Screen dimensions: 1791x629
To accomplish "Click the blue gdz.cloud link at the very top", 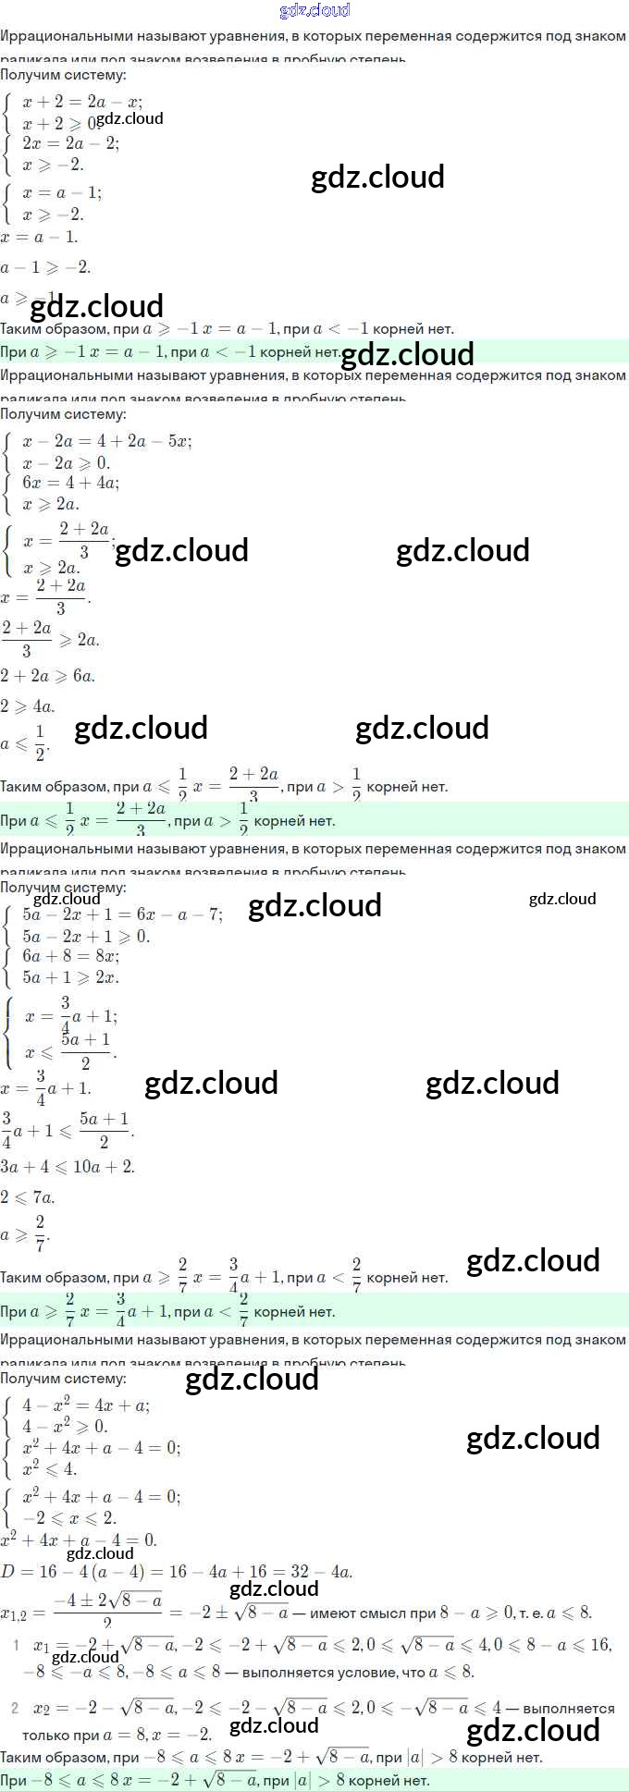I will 314,11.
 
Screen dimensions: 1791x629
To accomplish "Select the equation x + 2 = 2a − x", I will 81,102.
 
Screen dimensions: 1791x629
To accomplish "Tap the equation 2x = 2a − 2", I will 70,143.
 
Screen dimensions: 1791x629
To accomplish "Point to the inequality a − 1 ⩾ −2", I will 45,267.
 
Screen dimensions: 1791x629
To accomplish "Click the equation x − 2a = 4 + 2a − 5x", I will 106,441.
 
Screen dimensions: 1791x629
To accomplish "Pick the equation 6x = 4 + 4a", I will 70,482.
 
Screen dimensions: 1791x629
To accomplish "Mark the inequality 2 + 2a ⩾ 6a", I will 47,676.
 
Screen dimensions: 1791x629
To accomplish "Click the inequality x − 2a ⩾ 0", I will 66,462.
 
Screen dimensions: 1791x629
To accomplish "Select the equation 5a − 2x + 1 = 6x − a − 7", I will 122,914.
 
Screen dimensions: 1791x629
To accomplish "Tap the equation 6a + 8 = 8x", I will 70,956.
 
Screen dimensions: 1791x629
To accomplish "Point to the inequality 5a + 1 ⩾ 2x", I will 70,977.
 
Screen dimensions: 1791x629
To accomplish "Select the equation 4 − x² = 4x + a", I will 85,1405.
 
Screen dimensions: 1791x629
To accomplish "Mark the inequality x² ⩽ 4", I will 49,1469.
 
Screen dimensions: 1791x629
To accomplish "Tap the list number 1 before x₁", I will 16,1646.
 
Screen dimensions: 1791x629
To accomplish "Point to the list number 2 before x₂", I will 15,1709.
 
